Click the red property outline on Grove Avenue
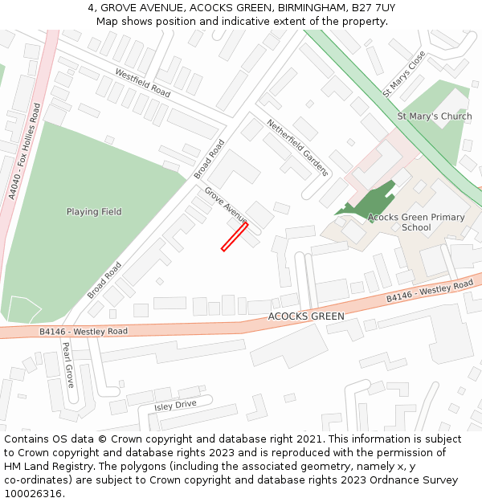235,237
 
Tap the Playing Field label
94,212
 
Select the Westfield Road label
143,83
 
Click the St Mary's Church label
435,116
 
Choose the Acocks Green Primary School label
416,222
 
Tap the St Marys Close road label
403,75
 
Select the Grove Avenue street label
226,206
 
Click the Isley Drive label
175,405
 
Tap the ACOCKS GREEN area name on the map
306,316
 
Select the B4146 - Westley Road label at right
430,292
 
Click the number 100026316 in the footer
33,494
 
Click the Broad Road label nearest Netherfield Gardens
209,159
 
